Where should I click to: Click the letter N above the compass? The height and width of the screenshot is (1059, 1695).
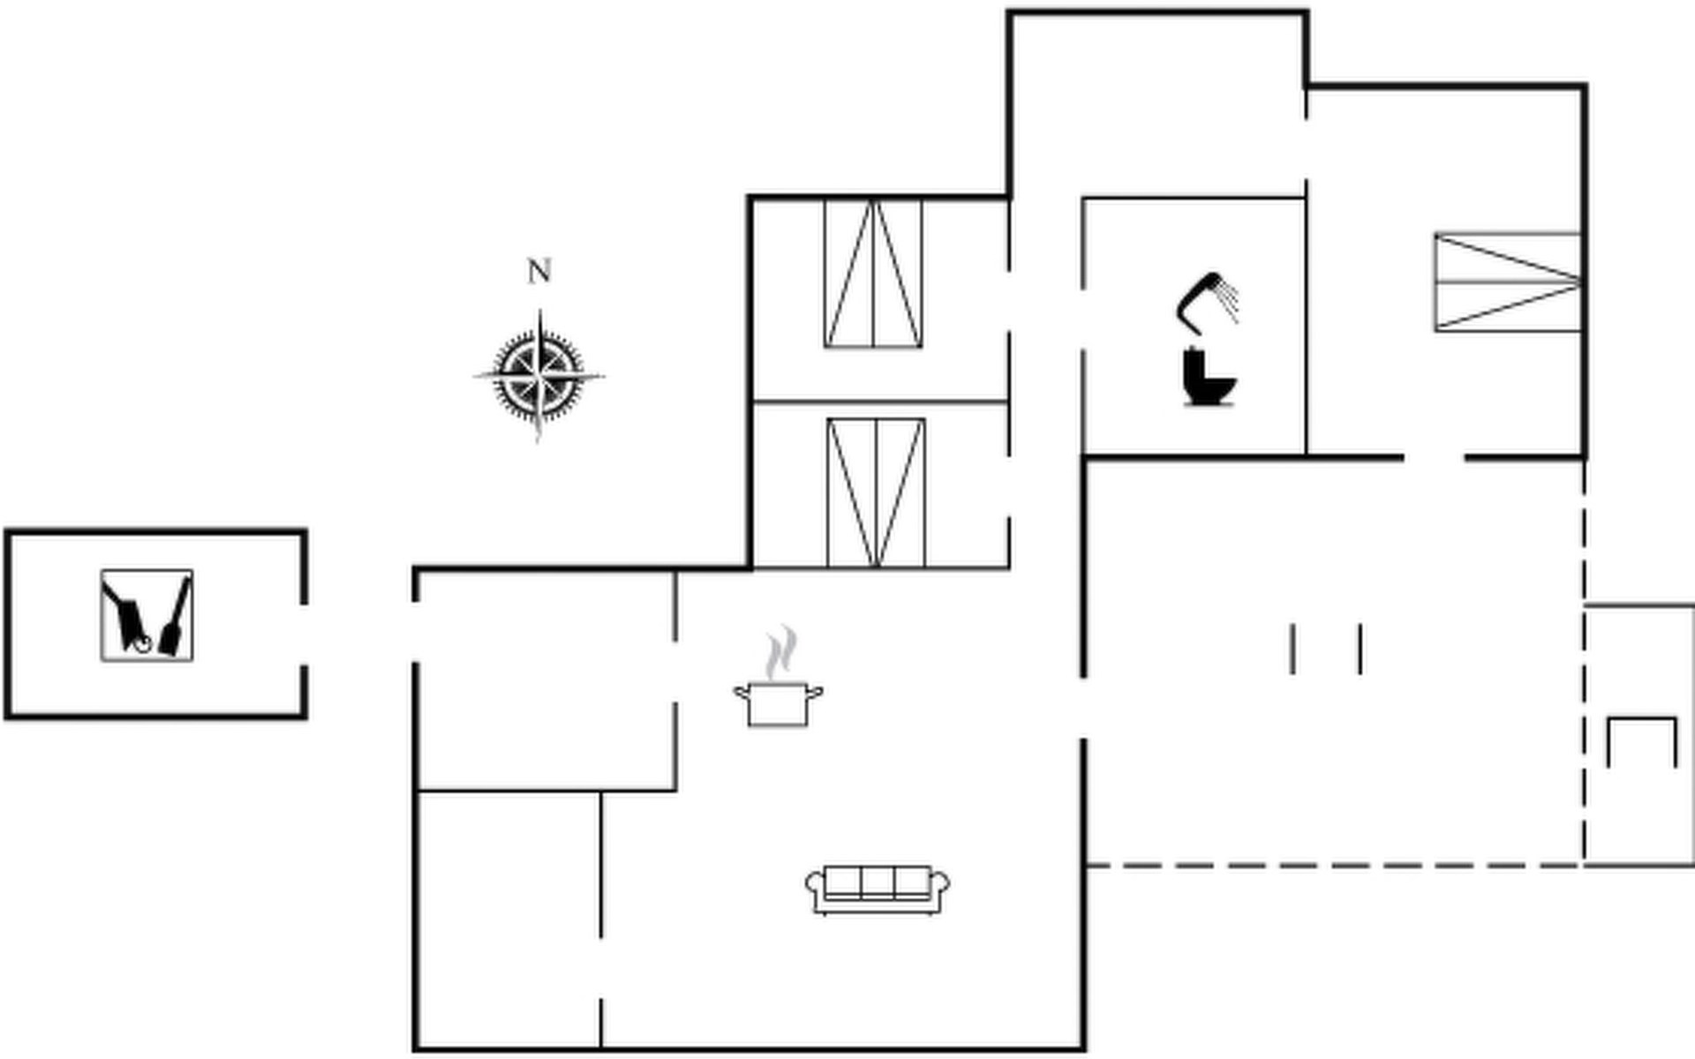(539, 271)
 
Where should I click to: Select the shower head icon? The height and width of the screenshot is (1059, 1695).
(1208, 301)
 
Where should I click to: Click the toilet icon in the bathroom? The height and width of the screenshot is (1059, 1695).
(1207, 378)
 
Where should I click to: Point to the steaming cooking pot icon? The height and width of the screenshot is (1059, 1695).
(778, 702)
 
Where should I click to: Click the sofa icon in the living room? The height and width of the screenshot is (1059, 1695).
(878, 890)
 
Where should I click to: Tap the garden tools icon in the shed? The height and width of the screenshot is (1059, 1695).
(147, 615)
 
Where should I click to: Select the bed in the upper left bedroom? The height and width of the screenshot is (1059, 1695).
(873, 274)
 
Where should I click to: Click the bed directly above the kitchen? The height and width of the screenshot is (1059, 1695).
(876, 492)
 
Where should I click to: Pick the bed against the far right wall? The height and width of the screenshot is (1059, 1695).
(1507, 282)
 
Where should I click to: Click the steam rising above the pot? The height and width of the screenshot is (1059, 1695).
(780, 652)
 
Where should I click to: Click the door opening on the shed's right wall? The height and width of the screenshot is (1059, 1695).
(305, 635)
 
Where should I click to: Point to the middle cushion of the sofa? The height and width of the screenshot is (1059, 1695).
(878, 882)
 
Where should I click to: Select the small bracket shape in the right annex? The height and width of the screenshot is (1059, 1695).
(1641, 740)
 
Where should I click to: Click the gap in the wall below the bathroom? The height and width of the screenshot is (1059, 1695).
(1434, 458)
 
